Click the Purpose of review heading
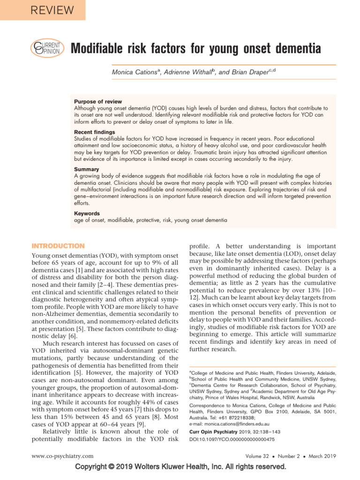pos(98,102)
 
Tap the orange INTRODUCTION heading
pos(58,246)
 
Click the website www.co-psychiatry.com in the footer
pos(62,456)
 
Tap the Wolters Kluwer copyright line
pos(180,467)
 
